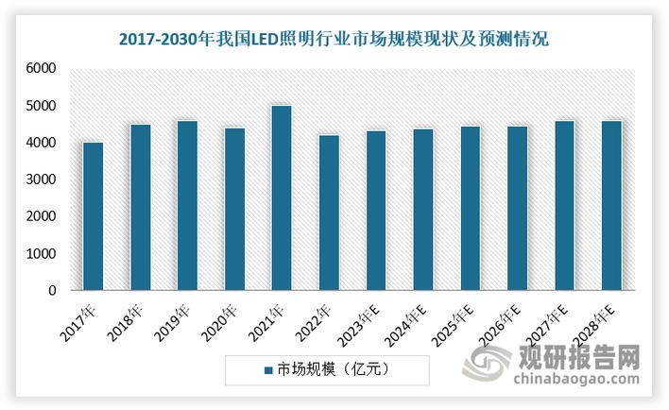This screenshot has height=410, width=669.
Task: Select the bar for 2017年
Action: point(93,217)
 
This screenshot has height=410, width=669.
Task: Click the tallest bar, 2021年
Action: point(282,198)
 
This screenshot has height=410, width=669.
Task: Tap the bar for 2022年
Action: point(329,214)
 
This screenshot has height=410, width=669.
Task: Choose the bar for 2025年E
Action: point(470,209)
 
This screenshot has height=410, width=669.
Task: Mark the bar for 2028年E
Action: point(611,206)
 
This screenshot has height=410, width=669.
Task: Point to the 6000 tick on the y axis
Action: point(41,69)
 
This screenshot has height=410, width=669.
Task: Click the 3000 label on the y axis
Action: point(41,179)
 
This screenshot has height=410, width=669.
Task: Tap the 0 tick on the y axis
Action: point(53,291)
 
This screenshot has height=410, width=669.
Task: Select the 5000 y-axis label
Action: point(41,106)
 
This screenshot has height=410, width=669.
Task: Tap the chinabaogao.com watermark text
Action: point(572,379)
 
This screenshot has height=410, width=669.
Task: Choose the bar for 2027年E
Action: point(564,206)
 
